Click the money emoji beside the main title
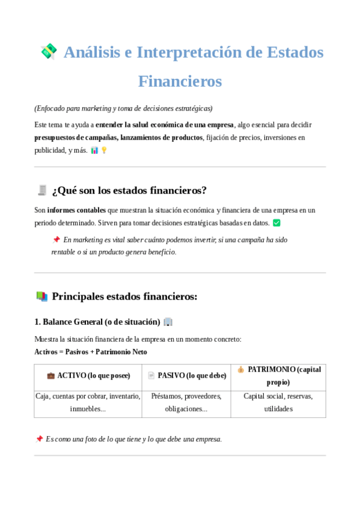[49, 52]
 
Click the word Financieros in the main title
[180, 81]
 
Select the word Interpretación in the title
[189, 52]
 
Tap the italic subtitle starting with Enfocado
[123, 108]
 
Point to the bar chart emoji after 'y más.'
[94, 150]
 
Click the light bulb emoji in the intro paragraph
[104, 150]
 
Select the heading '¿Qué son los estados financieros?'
[129, 191]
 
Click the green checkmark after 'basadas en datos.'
[276, 223]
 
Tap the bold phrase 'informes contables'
[77, 210]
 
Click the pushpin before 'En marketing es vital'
[56, 239]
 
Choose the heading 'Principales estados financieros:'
[124, 296]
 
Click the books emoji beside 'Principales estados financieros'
[41, 296]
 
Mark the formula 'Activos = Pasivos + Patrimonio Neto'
[91, 352]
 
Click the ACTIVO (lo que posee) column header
[88, 376]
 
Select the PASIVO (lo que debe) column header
[186, 376]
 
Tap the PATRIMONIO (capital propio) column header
[278, 376]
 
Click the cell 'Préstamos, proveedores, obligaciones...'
[186, 402]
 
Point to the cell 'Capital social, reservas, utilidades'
[278, 402]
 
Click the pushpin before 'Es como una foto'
[39, 439]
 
